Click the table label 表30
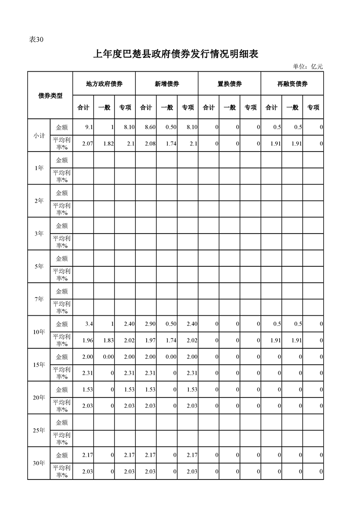[36, 39]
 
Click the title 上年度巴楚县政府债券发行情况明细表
[176, 54]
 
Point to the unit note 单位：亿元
[308, 66]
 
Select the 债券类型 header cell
[50, 95]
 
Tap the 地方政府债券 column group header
[104, 84]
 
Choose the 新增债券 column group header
[167, 84]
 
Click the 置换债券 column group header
[229, 84]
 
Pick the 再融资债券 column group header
[292, 84]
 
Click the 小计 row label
[39, 135]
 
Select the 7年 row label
[39, 299]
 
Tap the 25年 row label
[39, 430]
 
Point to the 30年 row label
[39, 463]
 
